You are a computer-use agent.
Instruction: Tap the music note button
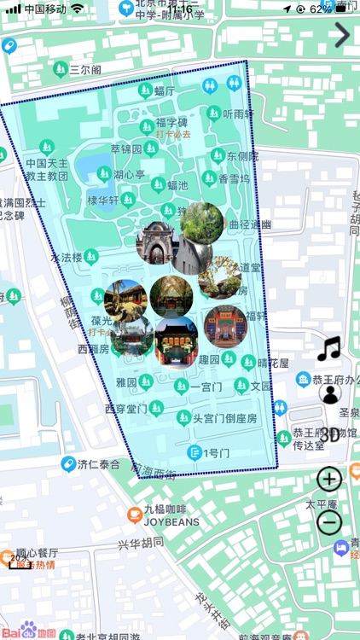(328, 348)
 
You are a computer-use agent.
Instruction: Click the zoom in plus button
(329, 479)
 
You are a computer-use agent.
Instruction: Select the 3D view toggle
(329, 434)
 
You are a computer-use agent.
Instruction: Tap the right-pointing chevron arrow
(342, 35)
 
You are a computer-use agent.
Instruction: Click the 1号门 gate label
(213, 453)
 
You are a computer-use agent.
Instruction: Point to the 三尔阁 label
(85, 69)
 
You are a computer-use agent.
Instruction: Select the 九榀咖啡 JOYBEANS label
(171, 515)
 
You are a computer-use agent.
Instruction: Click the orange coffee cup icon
(134, 514)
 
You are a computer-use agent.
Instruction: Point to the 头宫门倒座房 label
(224, 418)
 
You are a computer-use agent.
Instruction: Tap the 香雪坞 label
(234, 179)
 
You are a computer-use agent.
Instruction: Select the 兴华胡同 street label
(141, 544)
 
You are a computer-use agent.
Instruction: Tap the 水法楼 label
(67, 257)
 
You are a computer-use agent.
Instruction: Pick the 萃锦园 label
(127, 148)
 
